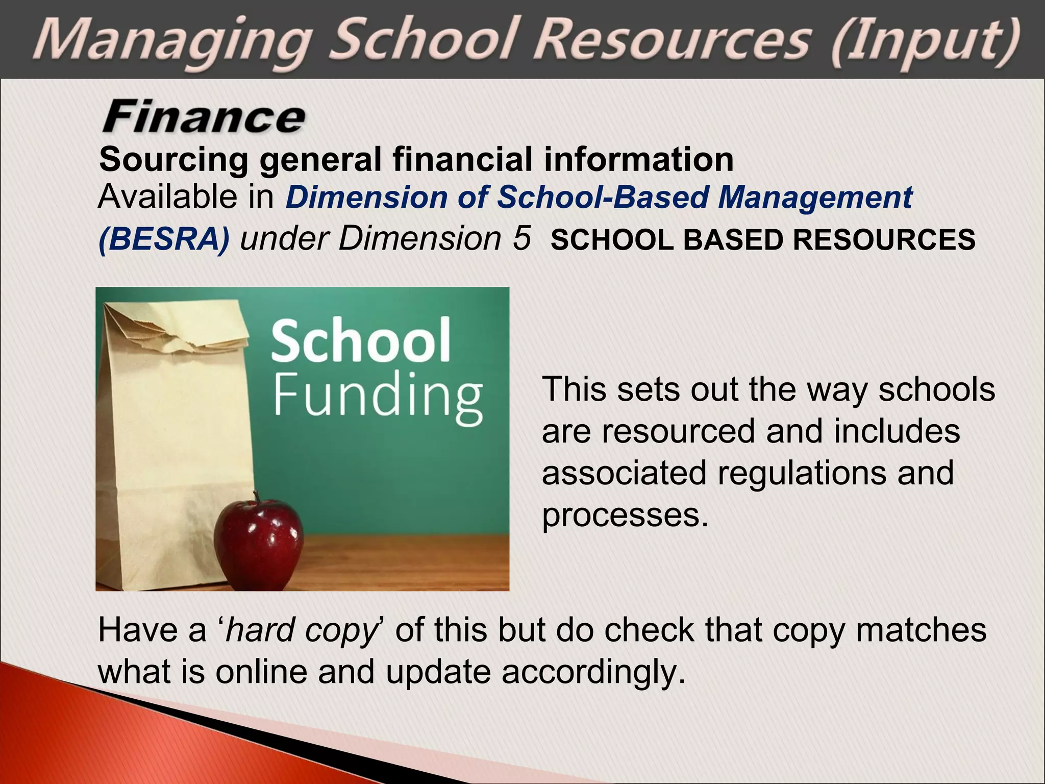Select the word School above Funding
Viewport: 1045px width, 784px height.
361,340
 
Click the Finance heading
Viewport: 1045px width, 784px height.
204,117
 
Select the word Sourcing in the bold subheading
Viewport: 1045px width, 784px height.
173,159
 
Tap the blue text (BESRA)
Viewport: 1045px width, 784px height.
163,239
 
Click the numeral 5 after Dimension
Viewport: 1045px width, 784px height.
521,238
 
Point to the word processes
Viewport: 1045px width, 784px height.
625,514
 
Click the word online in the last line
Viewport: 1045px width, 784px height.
261,672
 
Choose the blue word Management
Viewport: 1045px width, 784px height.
815,197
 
